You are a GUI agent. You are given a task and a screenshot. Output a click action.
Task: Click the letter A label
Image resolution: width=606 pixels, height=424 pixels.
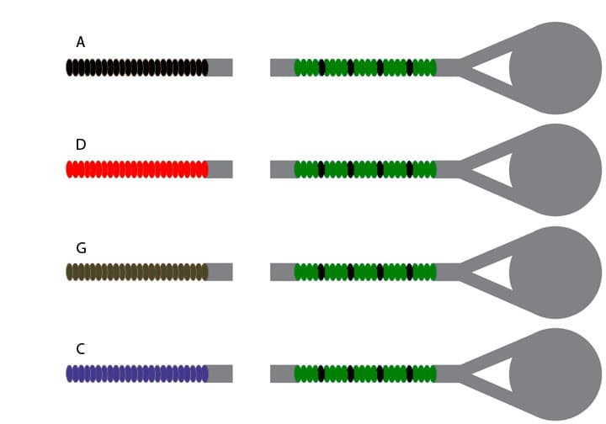click(x=80, y=42)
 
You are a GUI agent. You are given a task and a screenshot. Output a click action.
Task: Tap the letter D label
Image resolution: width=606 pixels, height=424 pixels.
click(x=80, y=145)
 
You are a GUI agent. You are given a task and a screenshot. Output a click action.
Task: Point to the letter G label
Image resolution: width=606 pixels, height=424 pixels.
click(x=81, y=248)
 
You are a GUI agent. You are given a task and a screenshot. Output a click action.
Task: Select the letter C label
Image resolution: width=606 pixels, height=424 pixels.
click(x=80, y=349)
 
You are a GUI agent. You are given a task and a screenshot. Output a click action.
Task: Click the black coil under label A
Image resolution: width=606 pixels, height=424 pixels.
click(x=136, y=67)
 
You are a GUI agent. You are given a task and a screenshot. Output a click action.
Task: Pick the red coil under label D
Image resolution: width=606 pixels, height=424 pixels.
click(x=136, y=169)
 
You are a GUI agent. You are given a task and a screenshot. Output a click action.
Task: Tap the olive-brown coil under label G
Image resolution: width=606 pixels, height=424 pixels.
click(x=136, y=272)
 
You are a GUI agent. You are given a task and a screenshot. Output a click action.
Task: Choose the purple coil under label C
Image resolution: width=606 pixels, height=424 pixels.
click(x=136, y=374)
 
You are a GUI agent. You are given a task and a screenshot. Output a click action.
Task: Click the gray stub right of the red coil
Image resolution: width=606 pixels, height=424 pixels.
click(x=221, y=169)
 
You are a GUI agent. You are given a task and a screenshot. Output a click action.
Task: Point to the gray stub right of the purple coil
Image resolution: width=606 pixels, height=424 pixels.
click(x=221, y=374)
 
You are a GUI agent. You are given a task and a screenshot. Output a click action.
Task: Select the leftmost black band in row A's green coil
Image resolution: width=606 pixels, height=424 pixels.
click(x=322, y=67)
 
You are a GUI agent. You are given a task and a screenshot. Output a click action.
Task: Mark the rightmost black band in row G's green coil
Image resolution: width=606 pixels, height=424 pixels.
click(x=410, y=272)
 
